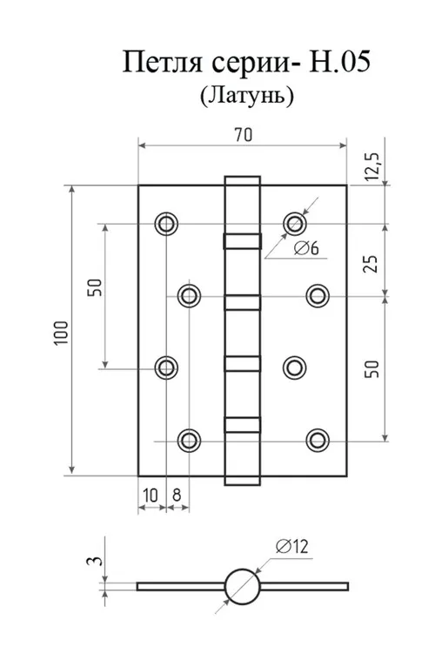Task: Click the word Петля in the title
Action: coord(163,63)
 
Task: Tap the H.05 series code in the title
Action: coord(339,61)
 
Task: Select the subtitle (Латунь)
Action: coord(247,96)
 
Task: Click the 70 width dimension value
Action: coord(244,135)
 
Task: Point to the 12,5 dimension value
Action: coord(372,166)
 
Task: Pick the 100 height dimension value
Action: coord(61,333)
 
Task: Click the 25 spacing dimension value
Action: coord(371,263)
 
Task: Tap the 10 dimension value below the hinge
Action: coord(151,496)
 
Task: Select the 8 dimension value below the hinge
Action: coord(177,496)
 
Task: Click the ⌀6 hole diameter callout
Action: coord(306,248)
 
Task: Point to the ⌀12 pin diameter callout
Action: coord(291,546)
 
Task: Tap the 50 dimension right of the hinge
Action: coord(372,368)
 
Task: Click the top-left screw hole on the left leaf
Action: coord(166,224)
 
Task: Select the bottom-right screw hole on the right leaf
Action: coord(318,441)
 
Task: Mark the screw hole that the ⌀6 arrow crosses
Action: coord(295,224)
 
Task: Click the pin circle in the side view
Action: coord(243,586)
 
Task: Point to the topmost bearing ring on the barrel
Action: coord(243,241)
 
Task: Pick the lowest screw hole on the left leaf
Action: coord(189,441)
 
